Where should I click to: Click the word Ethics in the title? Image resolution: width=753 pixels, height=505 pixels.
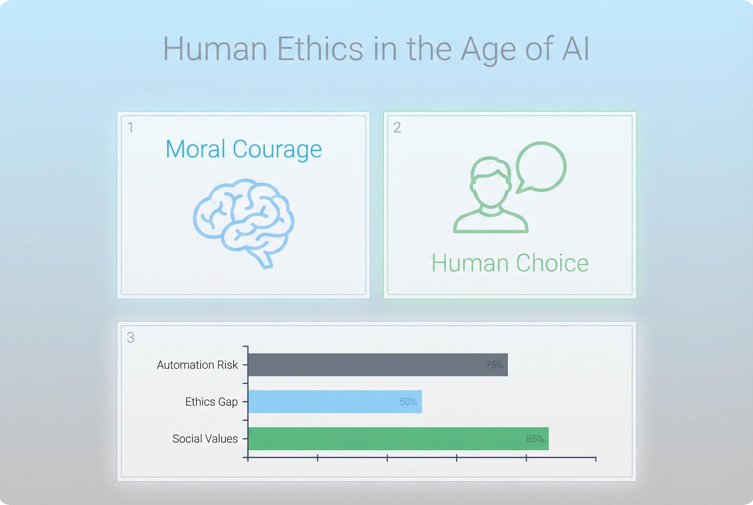[320, 49]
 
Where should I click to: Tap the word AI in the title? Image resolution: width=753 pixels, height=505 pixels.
[575, 49]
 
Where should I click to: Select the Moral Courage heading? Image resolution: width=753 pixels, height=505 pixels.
[244, 149]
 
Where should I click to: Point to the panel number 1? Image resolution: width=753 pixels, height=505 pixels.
[130, 127]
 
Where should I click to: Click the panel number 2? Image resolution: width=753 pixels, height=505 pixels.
[397, 127]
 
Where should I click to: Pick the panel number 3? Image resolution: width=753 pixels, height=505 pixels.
[130, 338]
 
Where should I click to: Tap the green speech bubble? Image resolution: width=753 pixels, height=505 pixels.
[541, 167]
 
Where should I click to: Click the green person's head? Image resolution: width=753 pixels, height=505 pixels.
[490, 182]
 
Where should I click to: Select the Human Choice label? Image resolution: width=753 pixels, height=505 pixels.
[510, 263]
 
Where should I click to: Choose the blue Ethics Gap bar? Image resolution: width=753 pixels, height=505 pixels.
[335, 402]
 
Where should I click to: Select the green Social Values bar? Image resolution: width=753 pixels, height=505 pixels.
[398, 439]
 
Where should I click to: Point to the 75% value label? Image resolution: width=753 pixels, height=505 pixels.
[494, 364]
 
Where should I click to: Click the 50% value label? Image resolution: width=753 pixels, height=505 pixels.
[409, 402]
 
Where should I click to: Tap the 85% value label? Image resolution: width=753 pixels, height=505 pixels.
[535, 439]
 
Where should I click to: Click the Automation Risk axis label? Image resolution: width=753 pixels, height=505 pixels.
[197, 365]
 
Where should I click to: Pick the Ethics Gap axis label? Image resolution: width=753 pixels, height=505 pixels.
[211, 402]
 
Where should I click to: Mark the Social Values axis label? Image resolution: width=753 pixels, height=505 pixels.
[205, 439]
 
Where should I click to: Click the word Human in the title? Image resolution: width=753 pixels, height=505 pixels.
[215, 49]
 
